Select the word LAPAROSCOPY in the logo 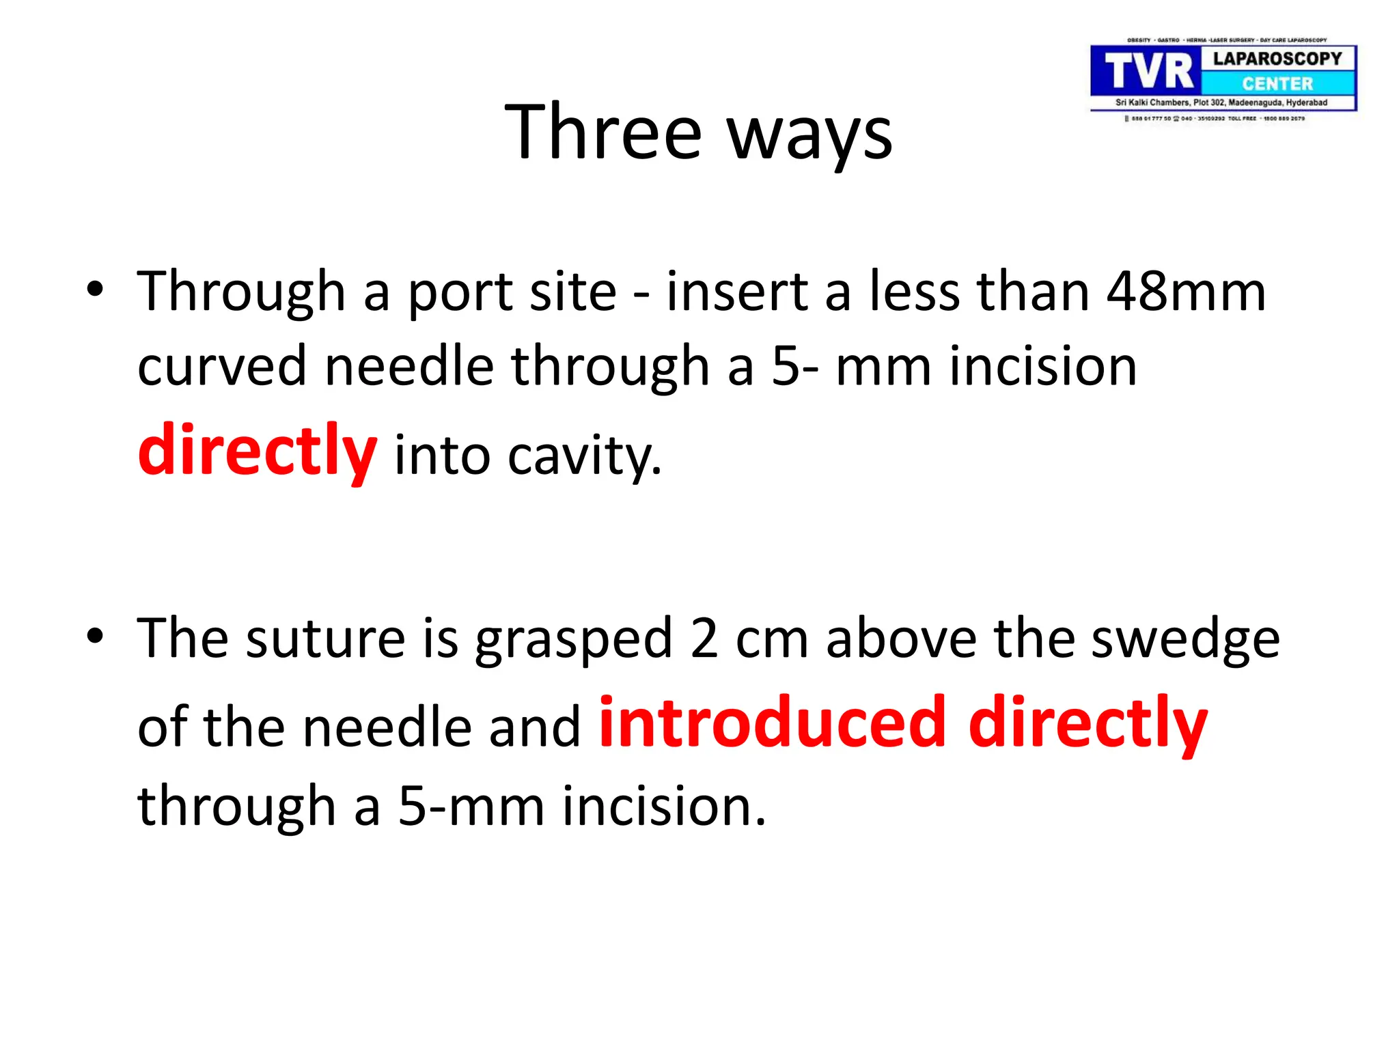coord(1277,59)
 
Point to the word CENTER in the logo coord(1277,84)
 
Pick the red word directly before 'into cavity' coord(257,451)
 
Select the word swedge coord(1185,641)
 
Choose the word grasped coord(574,641)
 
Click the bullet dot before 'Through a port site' coord(95,289)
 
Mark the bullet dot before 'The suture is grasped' coord(95,636)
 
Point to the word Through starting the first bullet coord(241,292)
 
